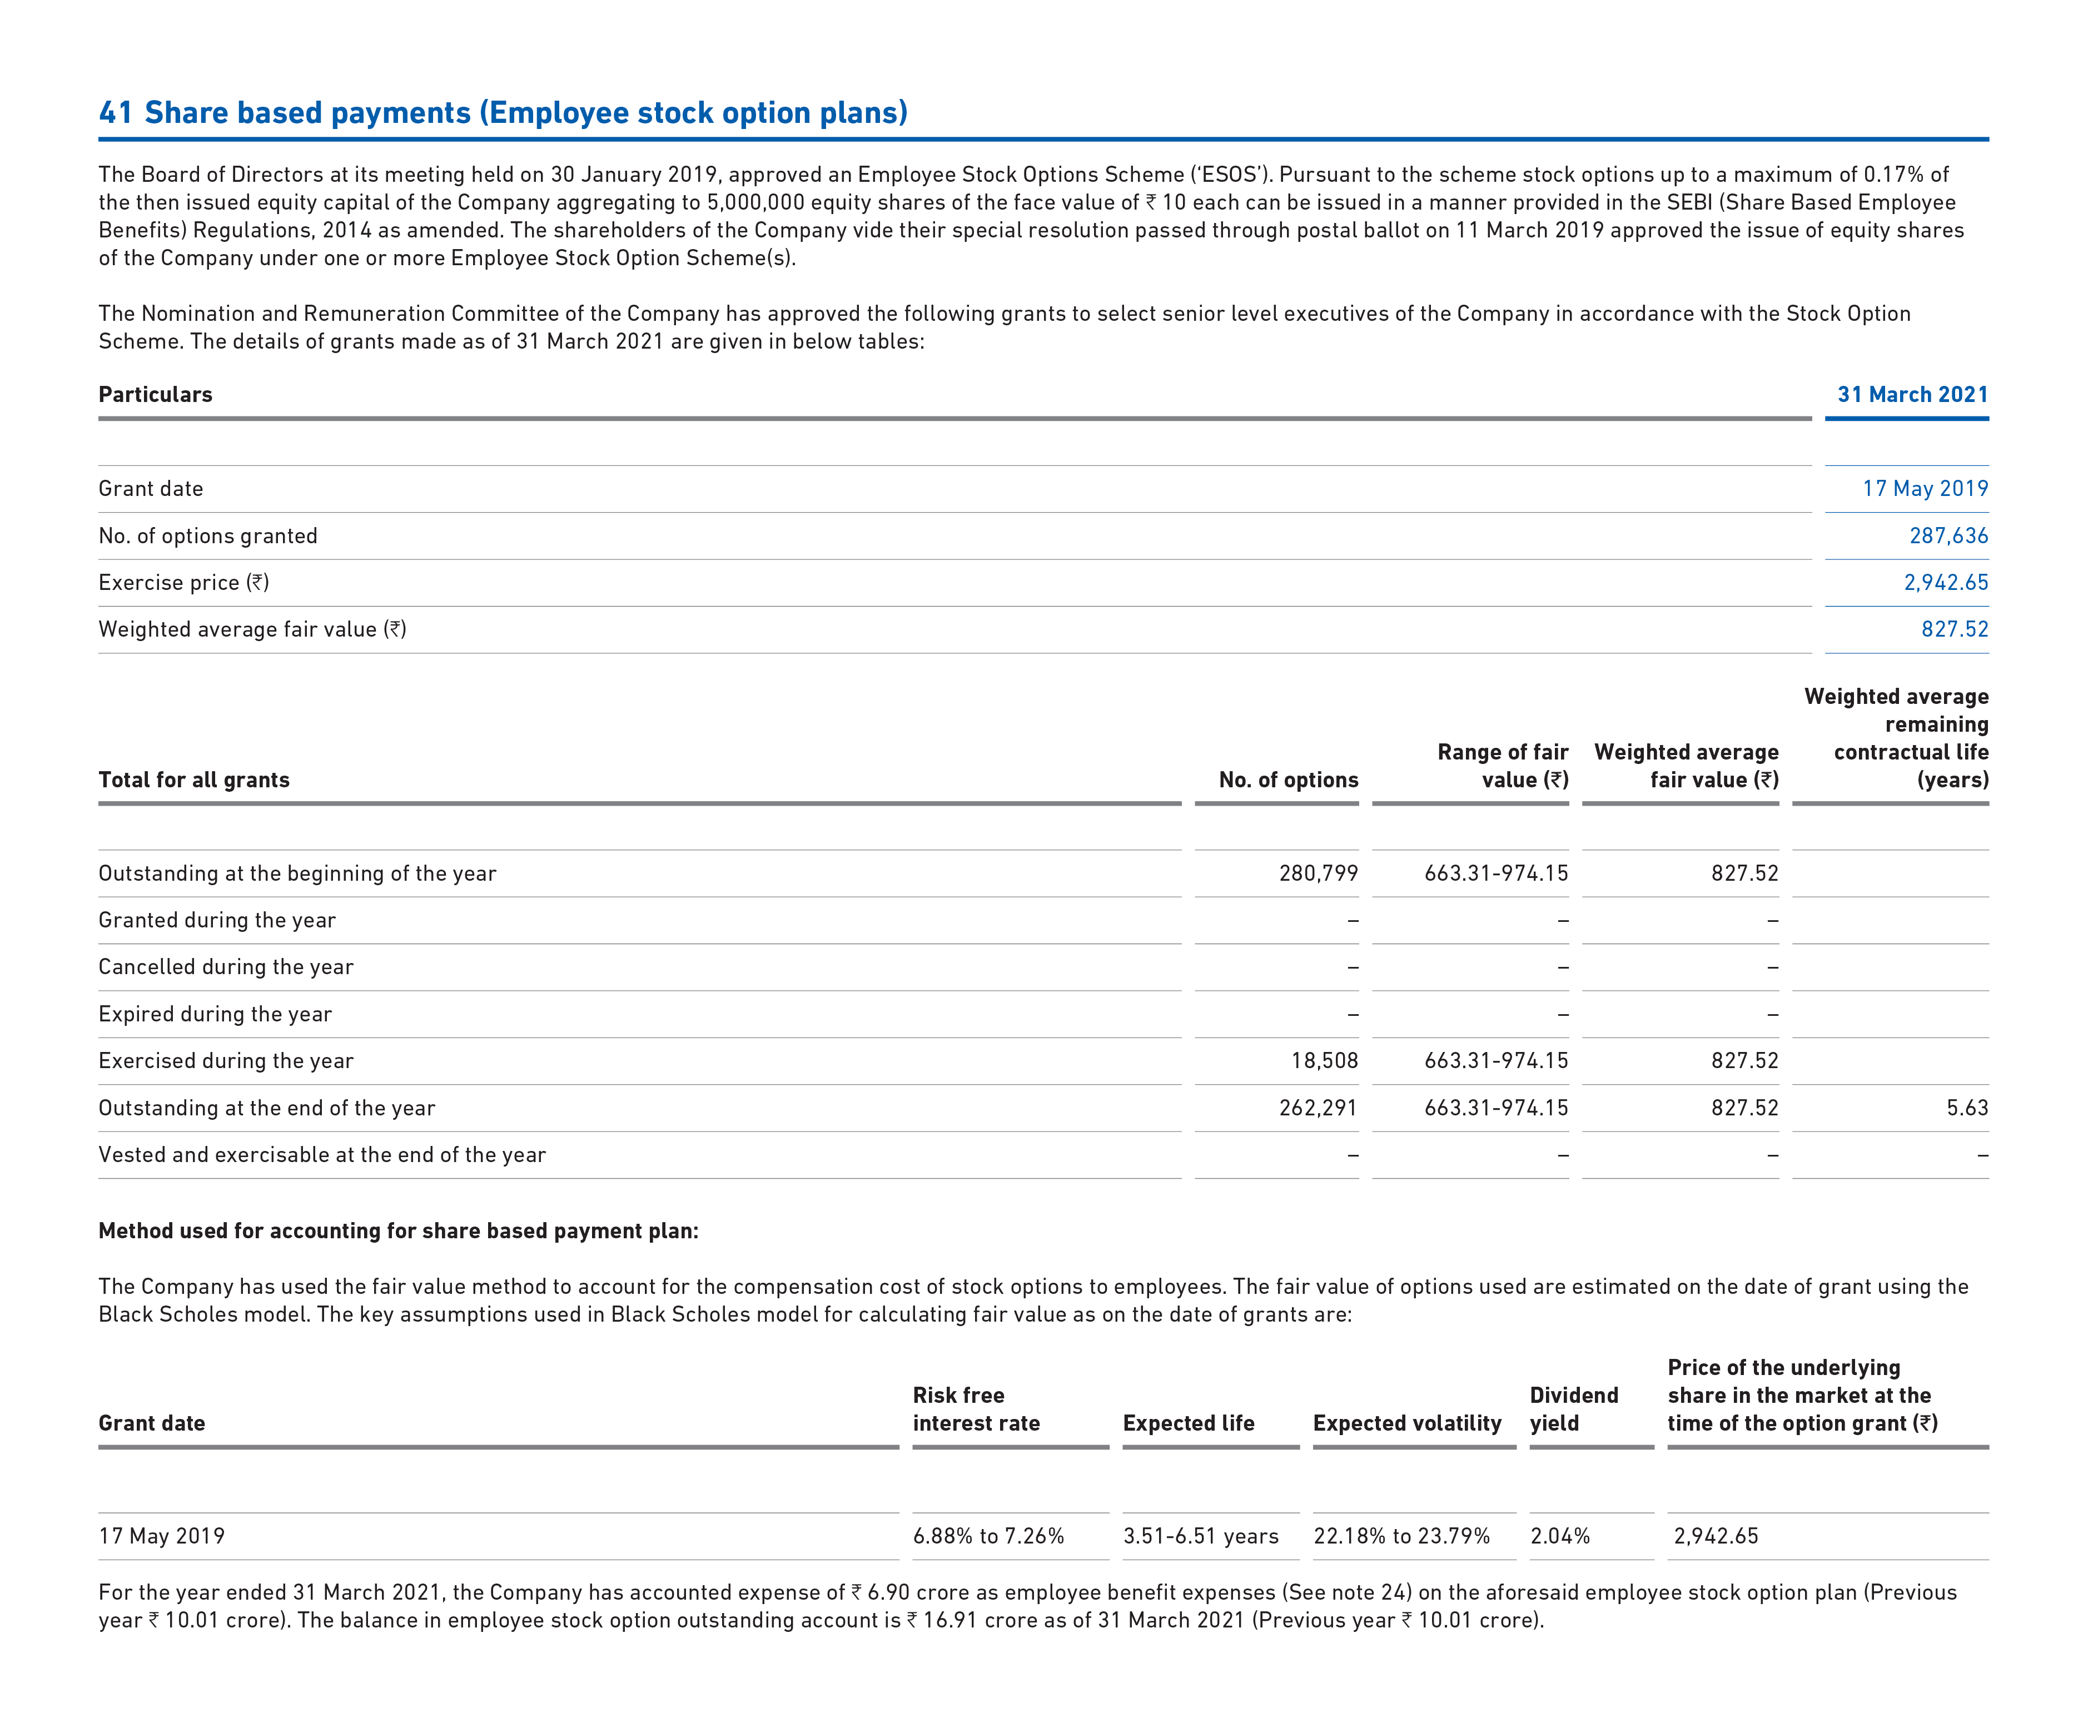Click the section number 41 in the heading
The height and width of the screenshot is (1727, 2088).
(115, 112)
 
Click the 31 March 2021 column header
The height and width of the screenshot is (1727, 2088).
(1911, 395)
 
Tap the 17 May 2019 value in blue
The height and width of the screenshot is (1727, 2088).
(1924, 488)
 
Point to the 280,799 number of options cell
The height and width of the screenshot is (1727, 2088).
(1318, 873)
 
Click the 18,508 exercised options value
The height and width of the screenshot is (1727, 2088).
(1324, 1061)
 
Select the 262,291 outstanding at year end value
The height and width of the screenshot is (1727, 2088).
(1318, 1108)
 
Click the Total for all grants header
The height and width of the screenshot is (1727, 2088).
(194, 780)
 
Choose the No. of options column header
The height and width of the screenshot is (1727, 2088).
(1287, 780)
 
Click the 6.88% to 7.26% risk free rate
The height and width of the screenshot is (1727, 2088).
(988, 1536)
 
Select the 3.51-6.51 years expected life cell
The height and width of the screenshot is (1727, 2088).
(1200, 1536)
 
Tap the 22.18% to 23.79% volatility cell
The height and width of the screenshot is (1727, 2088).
(1401, 1536)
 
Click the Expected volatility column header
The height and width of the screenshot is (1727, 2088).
(1406, 1423)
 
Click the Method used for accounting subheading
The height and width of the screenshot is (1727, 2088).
(397, 1231)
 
